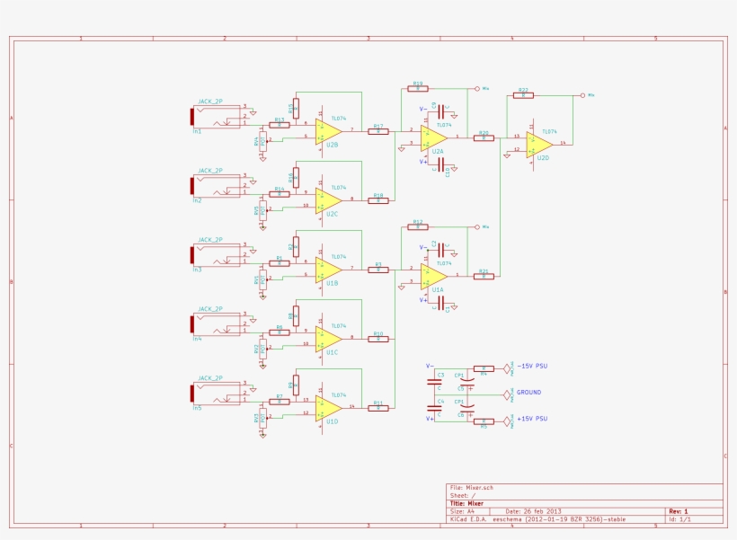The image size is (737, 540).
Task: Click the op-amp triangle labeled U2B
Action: point(326,131)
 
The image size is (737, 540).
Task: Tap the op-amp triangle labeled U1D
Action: point(326,408)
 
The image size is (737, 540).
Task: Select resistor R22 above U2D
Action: point(523,95)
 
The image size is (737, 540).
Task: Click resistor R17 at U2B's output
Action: point(378,131)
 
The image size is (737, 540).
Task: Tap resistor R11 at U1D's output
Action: point(378,408)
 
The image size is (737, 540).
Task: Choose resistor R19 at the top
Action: point(418,88)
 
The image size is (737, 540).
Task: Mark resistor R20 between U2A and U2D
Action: point(484,137)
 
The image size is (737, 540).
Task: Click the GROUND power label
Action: point(528,393)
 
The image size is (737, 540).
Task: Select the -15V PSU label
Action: point(532,367)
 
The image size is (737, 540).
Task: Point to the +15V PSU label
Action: point(532,419)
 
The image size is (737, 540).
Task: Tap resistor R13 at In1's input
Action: point(280,125)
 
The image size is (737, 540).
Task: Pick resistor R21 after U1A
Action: point(484,276)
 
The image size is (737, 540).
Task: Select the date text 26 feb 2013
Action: point(539,511)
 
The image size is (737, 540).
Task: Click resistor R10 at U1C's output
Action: point(378,339)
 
